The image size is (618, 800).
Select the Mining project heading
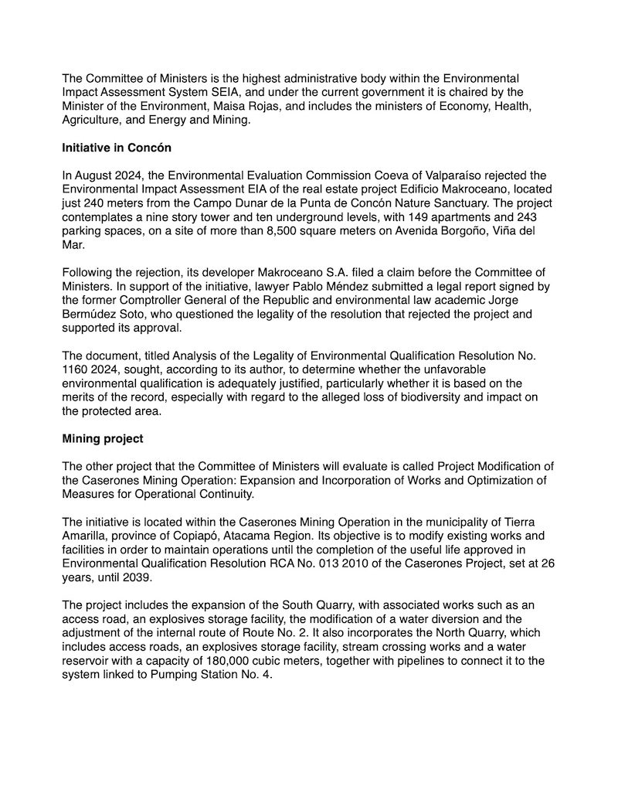point(103,439)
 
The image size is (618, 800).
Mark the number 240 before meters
point(100,203)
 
